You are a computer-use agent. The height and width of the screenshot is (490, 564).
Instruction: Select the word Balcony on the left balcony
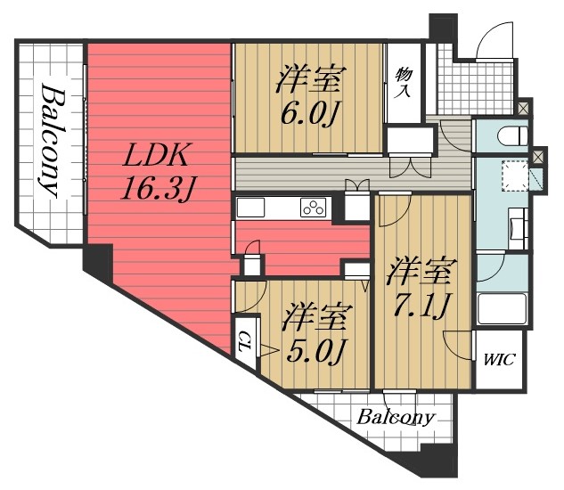click(51, 140)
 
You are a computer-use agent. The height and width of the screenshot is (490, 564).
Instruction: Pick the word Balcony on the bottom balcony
click(396, 418)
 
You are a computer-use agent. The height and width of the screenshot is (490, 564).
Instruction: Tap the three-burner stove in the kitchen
click(314, 208)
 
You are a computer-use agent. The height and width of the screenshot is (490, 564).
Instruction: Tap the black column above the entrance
click(440, 25)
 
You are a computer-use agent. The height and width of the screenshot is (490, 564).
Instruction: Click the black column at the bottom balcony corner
click(436, 464)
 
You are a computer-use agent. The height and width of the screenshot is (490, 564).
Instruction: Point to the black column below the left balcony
click(97, 259)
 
